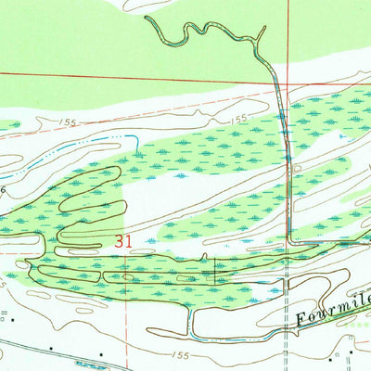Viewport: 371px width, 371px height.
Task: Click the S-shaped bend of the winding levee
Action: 190,32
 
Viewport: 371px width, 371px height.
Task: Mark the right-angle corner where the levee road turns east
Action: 290,243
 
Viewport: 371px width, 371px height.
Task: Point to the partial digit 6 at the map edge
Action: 3,188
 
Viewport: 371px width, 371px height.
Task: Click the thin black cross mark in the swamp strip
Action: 215,269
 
